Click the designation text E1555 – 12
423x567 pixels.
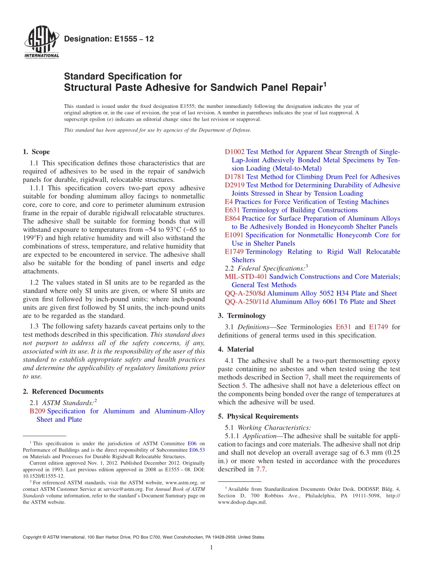109,39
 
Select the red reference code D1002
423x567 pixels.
235,152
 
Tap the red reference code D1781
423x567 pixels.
235,177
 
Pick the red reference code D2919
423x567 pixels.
235,185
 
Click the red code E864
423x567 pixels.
232,218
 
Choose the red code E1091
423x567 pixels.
234,235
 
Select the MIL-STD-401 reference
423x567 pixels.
246,277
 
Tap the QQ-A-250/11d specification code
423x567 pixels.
247,302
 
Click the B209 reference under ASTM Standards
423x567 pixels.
37,411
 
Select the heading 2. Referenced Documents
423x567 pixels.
63,391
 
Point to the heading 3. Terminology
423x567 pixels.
242,316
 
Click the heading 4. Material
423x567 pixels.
236,349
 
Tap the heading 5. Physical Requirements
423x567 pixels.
258,416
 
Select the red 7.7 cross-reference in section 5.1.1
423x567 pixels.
261,469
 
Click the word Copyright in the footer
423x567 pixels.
33,538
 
